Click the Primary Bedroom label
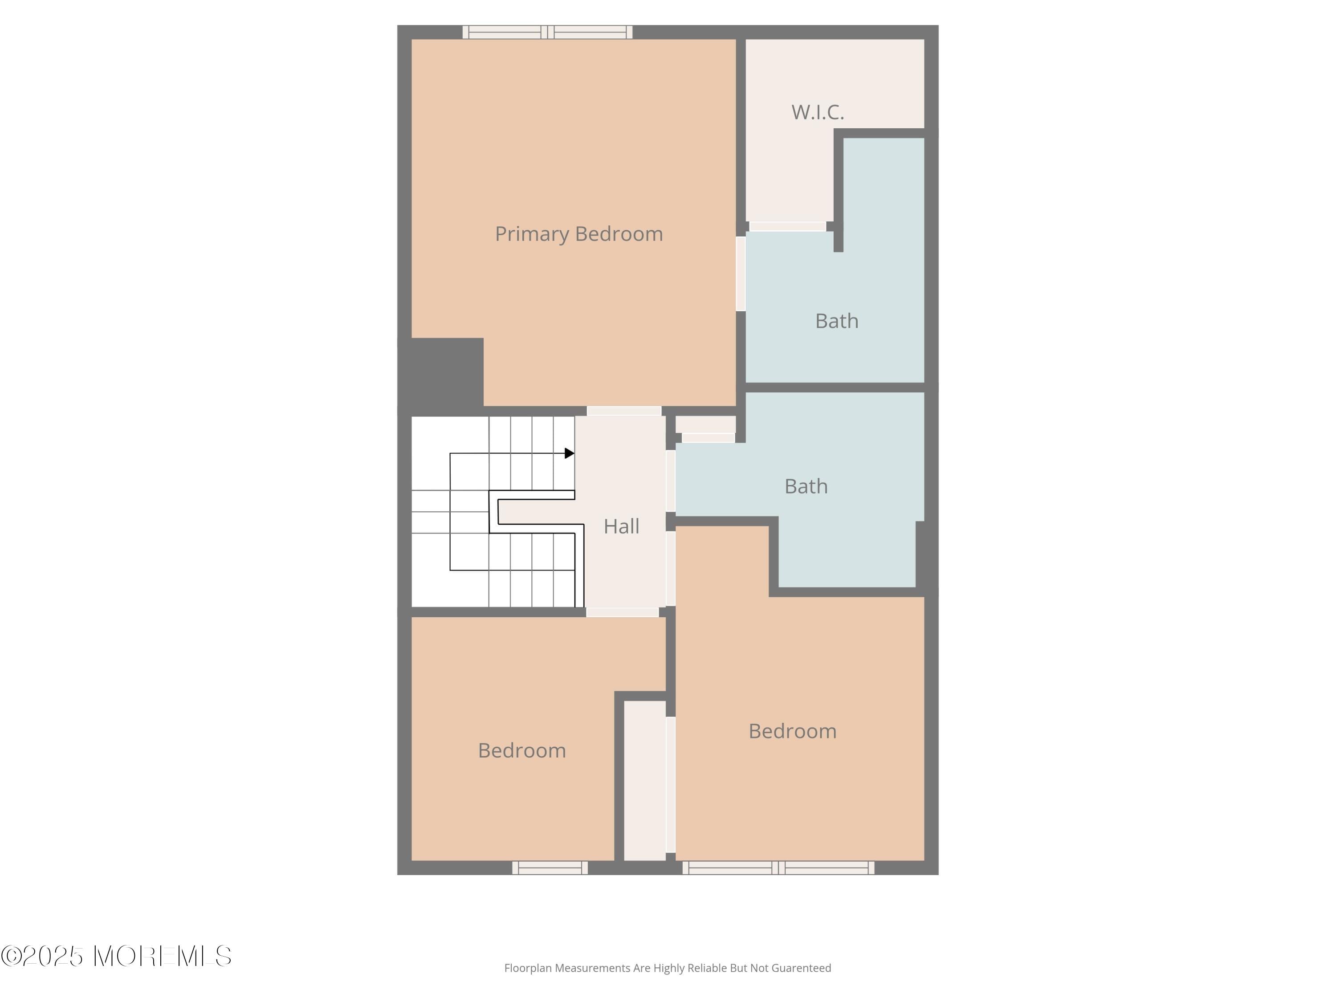(578, 234)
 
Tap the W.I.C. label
(817, 112)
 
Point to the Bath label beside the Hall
(806, 487)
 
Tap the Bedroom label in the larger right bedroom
(792, 731)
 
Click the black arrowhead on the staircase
(569, 453)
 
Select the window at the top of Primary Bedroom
(547, 32)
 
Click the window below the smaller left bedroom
(550, 868)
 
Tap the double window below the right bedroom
(778, 868)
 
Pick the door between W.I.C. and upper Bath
(788, 227)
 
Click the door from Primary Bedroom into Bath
(741, 273)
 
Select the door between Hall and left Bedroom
(622, 612)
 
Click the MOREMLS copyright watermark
(116, 956)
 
